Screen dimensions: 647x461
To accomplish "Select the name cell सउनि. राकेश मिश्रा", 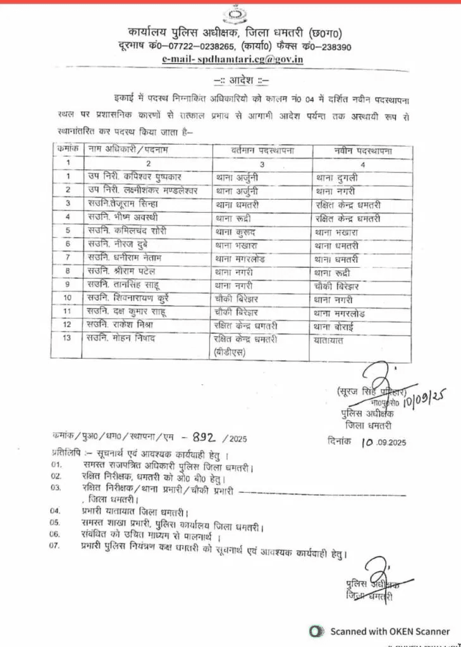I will pyautogui.click(x=123, y=325).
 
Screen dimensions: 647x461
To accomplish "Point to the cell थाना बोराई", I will pyautogui.click(x=338, y=325).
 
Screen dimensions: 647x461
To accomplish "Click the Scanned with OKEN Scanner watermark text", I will pyautogui.click(x=390, y=631).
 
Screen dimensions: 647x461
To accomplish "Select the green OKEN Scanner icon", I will pyautogui.click(x=316, y=631).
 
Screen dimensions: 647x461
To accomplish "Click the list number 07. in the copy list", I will pyautogui.click(x=58, y=545).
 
